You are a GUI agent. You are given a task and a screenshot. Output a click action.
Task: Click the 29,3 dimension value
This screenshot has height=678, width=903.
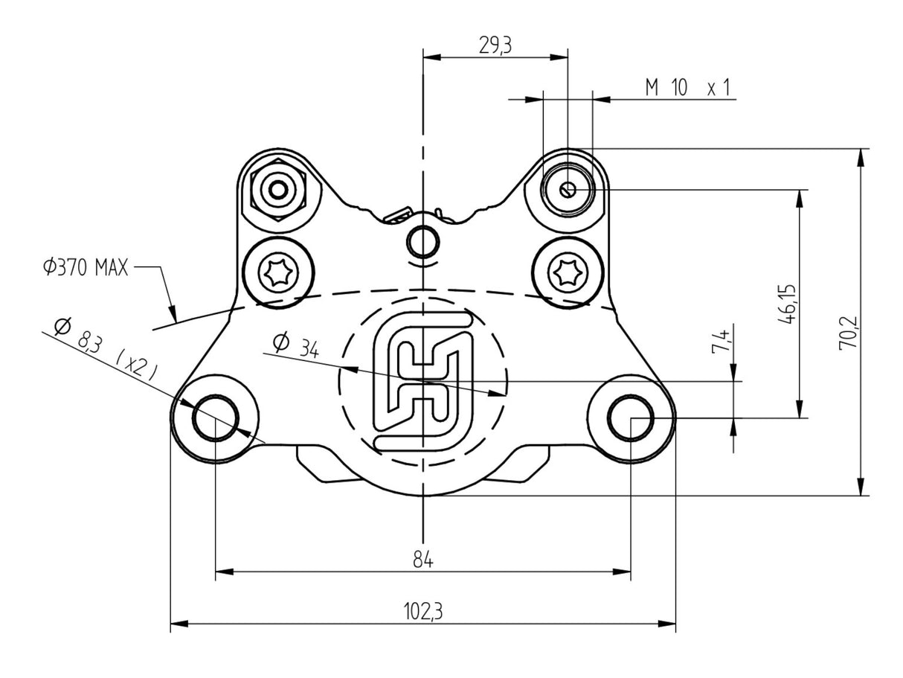[495, 45]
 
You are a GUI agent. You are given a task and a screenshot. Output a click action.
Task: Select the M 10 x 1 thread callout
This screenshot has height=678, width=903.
[687, 89]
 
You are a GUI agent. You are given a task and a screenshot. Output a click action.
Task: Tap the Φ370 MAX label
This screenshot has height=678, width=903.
[86, 267]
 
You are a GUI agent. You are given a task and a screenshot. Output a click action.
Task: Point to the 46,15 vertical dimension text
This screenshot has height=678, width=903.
[787, 304]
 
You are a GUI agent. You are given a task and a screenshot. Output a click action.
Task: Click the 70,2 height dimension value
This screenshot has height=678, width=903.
[849, 333]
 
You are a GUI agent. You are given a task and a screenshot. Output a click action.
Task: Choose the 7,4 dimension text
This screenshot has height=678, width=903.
[720, 344]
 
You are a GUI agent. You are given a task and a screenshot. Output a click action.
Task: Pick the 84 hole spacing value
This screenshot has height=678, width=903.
[423, 560]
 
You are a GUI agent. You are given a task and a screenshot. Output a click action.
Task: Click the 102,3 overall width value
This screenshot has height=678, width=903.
[423, 612]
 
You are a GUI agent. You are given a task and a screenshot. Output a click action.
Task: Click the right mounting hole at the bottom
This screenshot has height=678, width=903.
[631, 418]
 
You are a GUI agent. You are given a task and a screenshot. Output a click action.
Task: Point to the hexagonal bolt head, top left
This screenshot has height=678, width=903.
[279, 190]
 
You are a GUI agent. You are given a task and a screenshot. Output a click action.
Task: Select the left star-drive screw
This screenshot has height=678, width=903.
[279, 275]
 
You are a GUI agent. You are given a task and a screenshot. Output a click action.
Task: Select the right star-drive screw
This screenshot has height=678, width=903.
[568, 275]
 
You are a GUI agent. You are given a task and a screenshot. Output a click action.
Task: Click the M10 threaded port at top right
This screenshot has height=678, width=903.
[568, 190]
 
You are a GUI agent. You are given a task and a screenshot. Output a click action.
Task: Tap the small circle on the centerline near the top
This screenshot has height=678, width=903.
[423, 240]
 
